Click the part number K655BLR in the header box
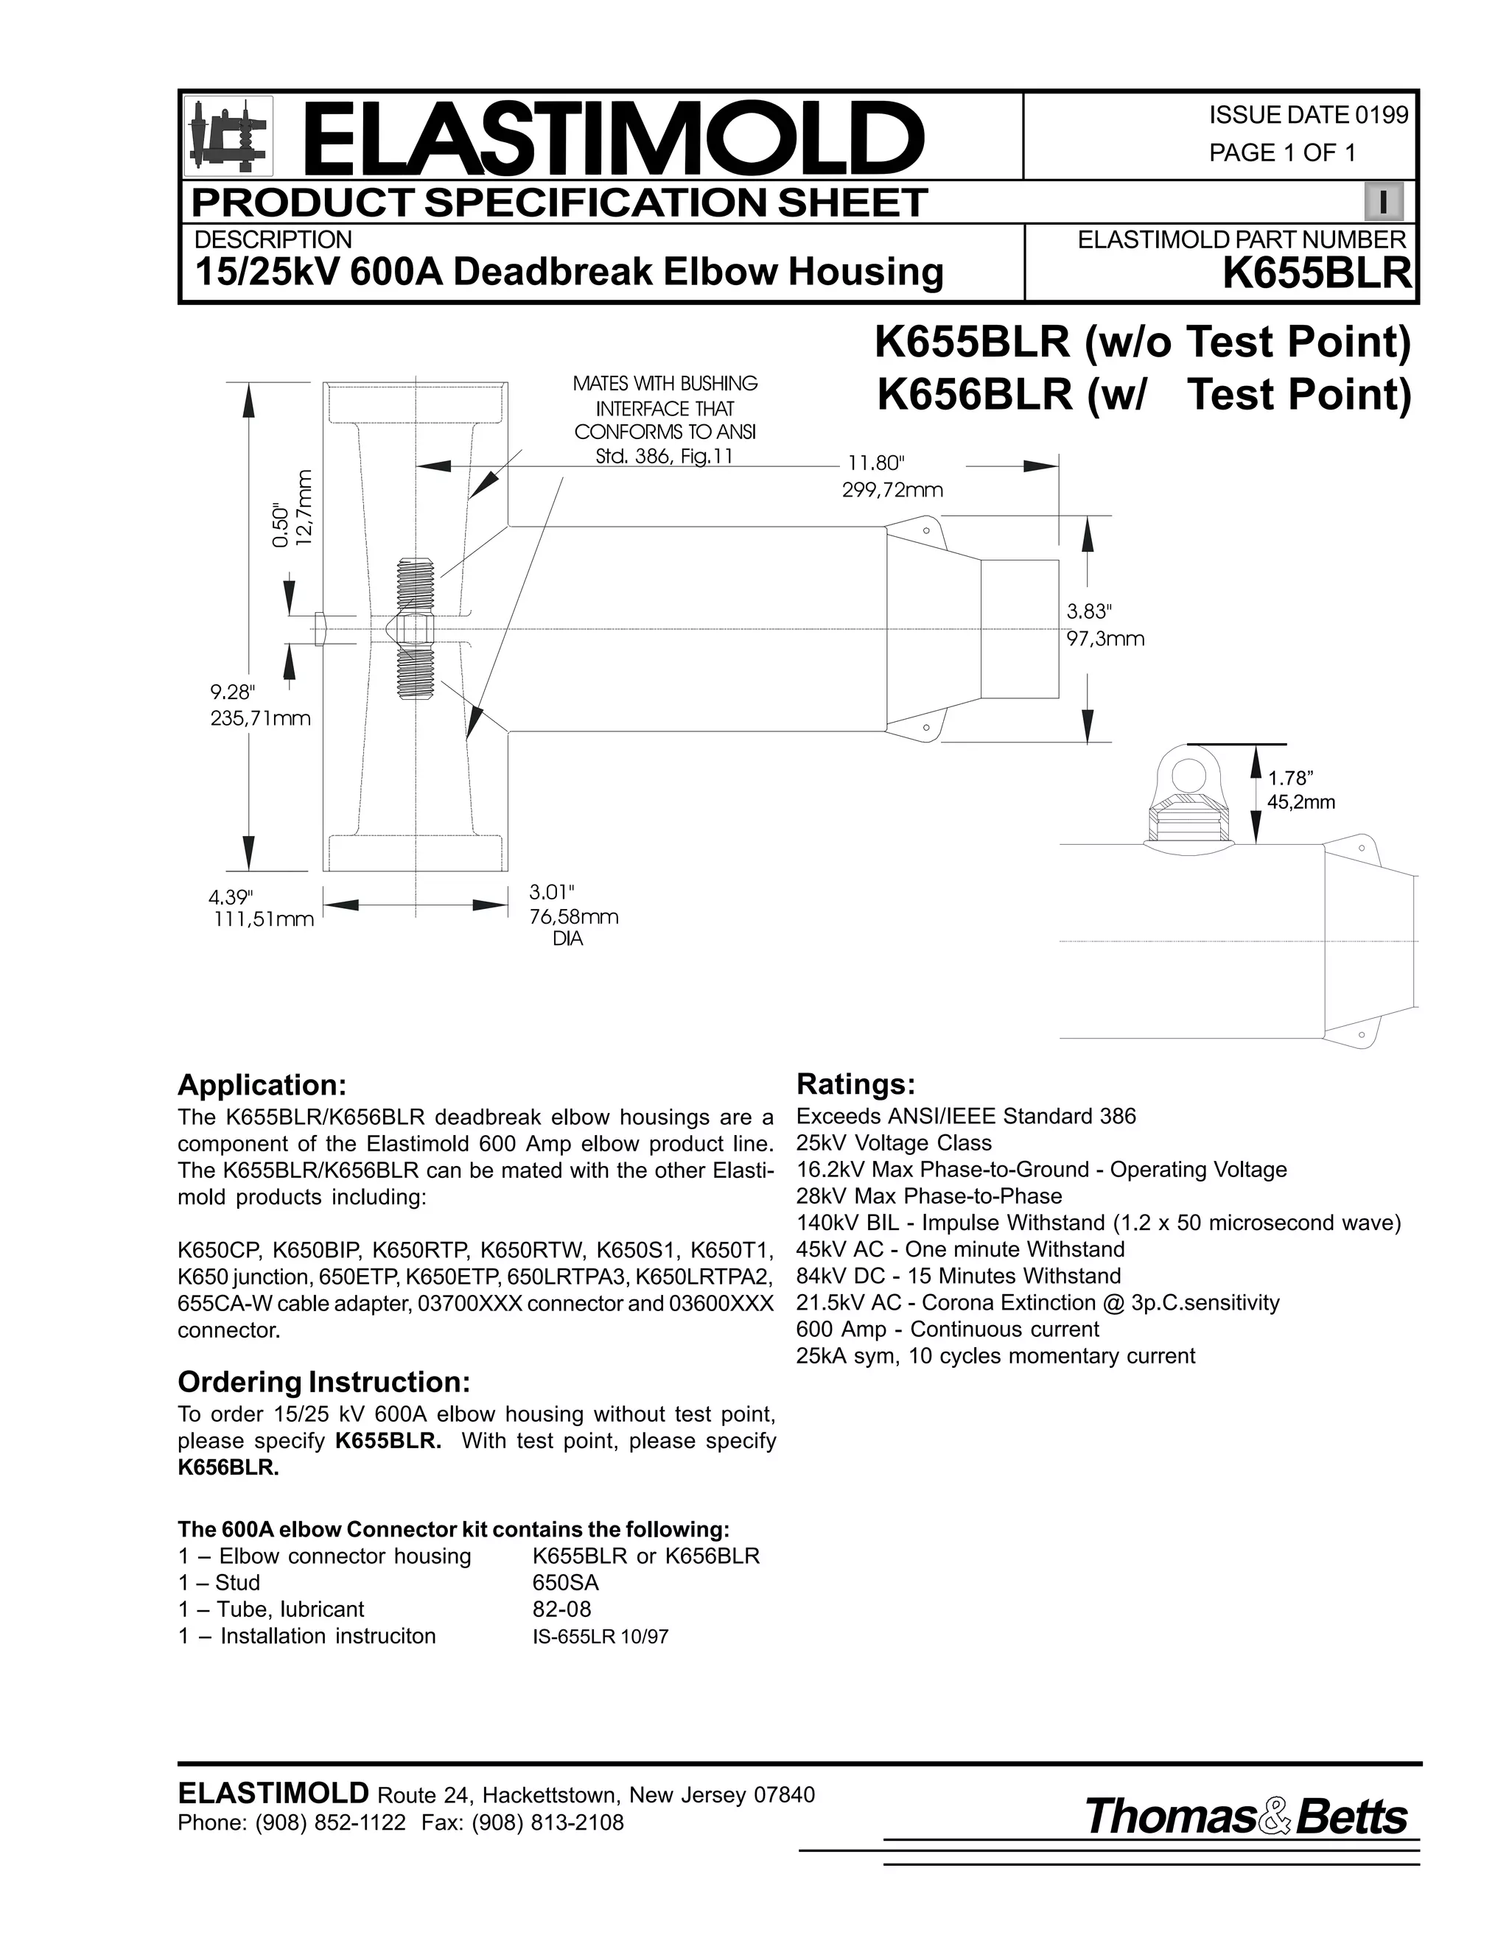coord(1316,273)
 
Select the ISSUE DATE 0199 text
coord(1308,116)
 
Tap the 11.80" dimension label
coord(876,463)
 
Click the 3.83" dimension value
coord(1089,611)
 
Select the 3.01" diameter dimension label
coord(552,892)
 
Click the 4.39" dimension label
coord(231,896)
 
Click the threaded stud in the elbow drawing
coord(414,628)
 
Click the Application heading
coord(261,1085)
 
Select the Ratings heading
coord(855,1084)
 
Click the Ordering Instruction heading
coord(323,1382)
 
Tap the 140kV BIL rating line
coord(1098,1223)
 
